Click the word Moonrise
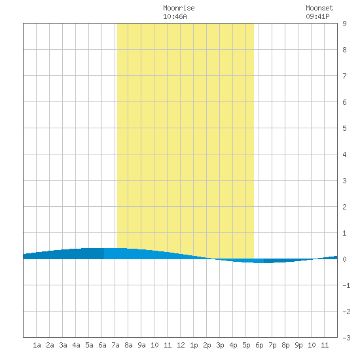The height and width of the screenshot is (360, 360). [179, 8]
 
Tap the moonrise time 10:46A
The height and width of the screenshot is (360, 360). [175, 16]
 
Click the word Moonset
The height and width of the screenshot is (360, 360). [319, 8]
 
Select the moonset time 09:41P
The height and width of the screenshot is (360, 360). [317, 16]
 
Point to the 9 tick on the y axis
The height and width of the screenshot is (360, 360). [344, 24]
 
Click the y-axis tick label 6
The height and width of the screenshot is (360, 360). [344, 102]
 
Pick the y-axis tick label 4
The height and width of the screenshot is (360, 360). [344, 154]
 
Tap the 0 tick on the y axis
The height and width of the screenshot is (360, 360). [344, 259]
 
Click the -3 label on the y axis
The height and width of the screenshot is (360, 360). [346, 338]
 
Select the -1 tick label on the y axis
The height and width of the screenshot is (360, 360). [346, 285]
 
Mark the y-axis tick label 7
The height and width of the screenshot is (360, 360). [344, 76]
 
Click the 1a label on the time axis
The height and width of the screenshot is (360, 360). [37, 345]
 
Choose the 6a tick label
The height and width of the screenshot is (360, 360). [102, 345]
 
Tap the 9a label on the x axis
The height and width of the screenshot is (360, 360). [141, 345]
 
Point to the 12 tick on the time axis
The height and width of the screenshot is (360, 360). [181, 345]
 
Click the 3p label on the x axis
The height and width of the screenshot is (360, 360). [220, 345]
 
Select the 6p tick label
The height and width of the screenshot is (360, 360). [259, 345]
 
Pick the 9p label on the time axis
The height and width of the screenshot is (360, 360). [298, 345]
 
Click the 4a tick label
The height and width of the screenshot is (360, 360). [76, 345]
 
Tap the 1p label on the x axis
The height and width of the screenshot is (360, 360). [194, 345]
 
